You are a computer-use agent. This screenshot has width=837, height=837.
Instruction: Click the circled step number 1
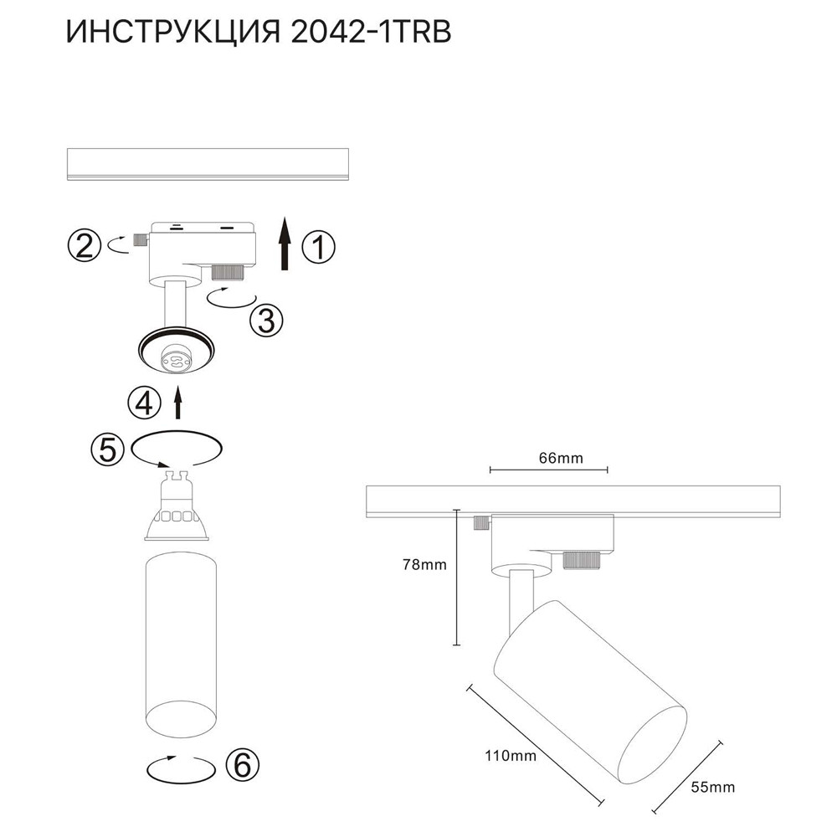click(x=317, y=248)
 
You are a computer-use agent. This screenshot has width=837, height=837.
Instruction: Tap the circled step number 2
click(x=84, y=246)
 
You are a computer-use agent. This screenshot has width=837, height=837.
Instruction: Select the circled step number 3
click(x=266, y=319)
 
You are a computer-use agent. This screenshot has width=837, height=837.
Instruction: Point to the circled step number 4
click(x=144, y=403)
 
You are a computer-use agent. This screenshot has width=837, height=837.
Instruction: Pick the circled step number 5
click(x=107, y=449)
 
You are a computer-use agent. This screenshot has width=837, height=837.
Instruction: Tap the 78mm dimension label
click(x=425, y=565)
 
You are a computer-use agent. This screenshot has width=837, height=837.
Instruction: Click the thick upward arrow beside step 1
click(x=285, y=244)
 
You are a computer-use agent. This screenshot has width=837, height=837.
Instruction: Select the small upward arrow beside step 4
click(x=177, y=403)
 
